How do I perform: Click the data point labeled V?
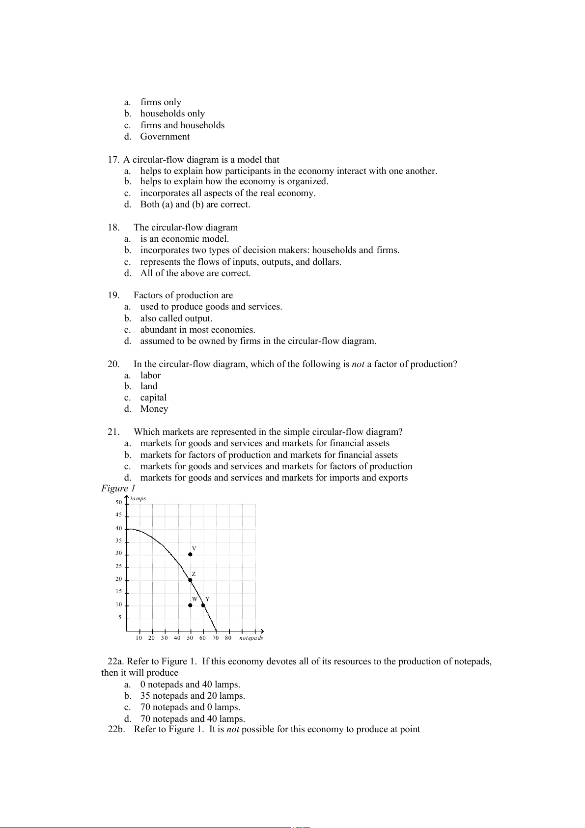190,554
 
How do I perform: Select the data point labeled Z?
190,580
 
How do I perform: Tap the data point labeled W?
190,605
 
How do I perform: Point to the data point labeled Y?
203,605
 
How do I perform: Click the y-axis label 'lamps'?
138,498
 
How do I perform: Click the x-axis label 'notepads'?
251,638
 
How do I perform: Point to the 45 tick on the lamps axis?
119,515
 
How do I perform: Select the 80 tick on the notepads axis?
228,638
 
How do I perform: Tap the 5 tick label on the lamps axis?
119,618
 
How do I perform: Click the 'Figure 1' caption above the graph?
118,488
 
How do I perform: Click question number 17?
113,160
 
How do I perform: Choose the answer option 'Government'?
165,137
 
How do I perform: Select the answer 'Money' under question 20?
154,409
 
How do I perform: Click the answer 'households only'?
172,114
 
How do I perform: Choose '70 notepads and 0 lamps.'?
190,707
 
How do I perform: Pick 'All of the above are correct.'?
195,273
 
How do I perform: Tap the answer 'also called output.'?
176,318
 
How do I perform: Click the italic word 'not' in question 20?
358,364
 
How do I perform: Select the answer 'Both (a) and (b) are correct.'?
195,204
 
